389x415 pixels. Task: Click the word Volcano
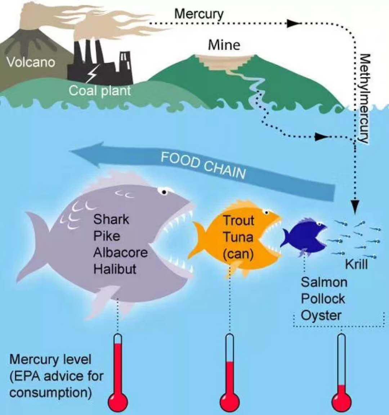31,62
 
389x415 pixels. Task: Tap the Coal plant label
99,90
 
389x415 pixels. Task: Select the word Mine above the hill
224,45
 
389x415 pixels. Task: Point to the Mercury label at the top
199,14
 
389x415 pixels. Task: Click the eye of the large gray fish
164,192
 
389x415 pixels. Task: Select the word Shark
111,219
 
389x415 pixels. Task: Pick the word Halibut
115,269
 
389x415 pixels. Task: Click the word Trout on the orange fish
238,220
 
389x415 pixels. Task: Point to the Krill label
356,264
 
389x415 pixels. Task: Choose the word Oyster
321,315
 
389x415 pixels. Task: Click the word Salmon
324,282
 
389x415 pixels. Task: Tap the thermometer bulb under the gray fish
118,401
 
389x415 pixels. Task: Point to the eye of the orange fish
266,212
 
